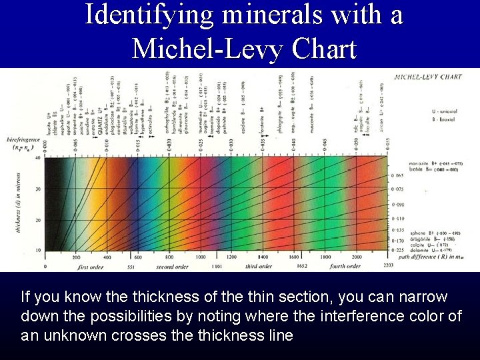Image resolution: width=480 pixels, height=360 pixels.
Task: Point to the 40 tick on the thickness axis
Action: (37, 158)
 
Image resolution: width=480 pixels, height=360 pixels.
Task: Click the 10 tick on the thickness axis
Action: (37, 250)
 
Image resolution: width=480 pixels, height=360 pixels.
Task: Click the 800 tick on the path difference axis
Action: (169, 257)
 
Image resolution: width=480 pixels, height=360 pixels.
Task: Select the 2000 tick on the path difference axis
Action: (357, 257)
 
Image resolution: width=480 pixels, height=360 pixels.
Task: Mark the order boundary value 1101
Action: (216, 267)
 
